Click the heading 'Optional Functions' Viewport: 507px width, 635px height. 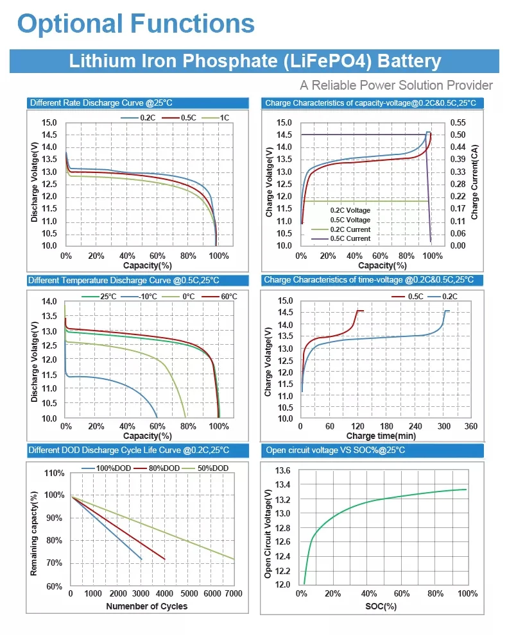point(135,24)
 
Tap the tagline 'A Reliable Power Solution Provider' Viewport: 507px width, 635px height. point(396,85)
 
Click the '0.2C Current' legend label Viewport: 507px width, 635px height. point(350,229)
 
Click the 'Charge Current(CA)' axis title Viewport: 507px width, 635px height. point(475,183)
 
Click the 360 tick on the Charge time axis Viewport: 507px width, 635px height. point(471,427)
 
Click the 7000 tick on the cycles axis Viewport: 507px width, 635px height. point(234,594)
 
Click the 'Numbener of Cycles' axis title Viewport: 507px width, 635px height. point(146,606)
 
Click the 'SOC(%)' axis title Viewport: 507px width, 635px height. point(381,606)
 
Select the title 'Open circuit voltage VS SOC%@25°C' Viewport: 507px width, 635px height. point(335,450)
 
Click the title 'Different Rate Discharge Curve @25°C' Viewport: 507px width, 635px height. point(100,103)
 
